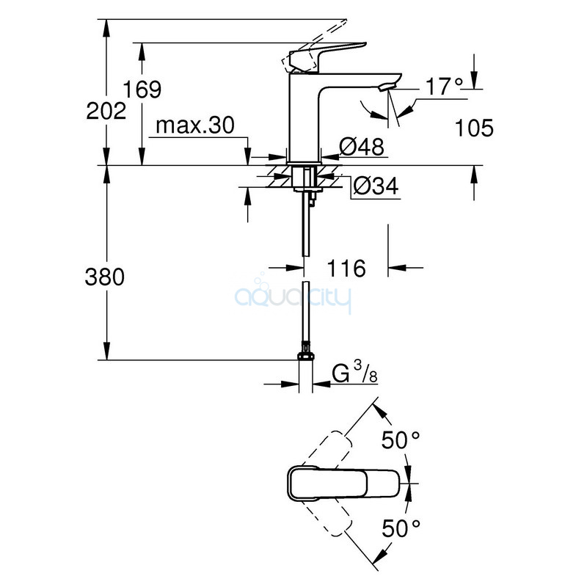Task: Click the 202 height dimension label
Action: (x=106, y=112)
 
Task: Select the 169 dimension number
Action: (x=142, y=90)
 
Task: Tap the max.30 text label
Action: (x=195, y=125)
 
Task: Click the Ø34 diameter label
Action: (x=376, y=186)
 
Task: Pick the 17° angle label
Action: (x=445, y=87)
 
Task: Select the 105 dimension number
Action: (x=474, y=128)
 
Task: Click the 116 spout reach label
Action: (x=346, y=269)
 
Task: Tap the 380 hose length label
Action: (x=104, y=277)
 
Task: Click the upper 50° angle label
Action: (x=401, y=440)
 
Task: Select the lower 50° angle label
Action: (x=401, y=528)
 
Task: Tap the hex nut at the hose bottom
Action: (x=305, y=356)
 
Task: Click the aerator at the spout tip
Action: (x=387, y=87)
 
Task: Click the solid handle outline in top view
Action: (x=344, y=483)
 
